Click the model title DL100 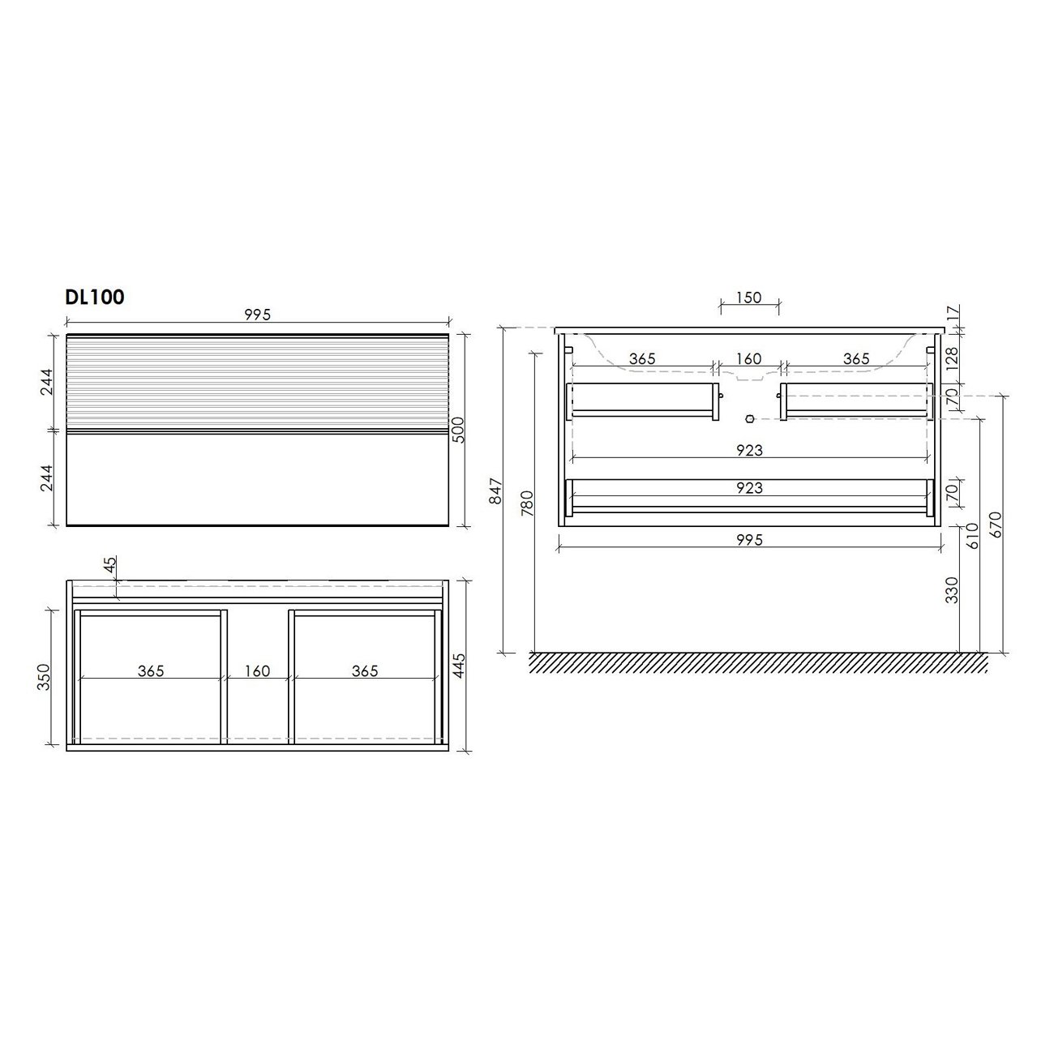[x=95, y=297]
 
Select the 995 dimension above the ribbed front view [x=258, y=315]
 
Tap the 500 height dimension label [x=458, y=430]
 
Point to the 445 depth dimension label [x=459, y=666]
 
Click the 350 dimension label [x=43, y=677]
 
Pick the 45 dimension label [x=110, y=565]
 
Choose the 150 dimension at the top [x=749, y=298]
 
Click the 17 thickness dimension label [x=953, y=314]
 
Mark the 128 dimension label [x=953, y=359]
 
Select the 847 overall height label [x=495, y=491]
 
